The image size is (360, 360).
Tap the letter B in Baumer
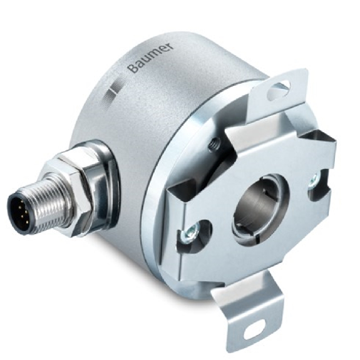pyautogui.click(x=132, y=68)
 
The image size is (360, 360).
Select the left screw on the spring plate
pyautogui.click(x=186, y=237)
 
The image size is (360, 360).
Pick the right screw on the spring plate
pyautogui.click(x=312, y=182)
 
